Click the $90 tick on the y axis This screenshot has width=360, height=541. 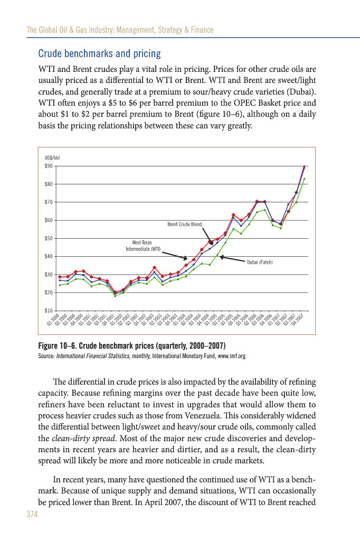[49, 166]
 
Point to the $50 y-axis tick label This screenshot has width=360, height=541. [49, 238]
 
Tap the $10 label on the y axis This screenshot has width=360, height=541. [49, 310]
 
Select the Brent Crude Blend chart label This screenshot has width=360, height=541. [185, 225]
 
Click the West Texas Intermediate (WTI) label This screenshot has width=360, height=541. [142, 245]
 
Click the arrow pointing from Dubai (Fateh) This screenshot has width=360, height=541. [232, 259]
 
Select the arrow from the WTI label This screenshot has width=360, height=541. [174, 256]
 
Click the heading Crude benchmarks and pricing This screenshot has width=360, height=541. [100, 54]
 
